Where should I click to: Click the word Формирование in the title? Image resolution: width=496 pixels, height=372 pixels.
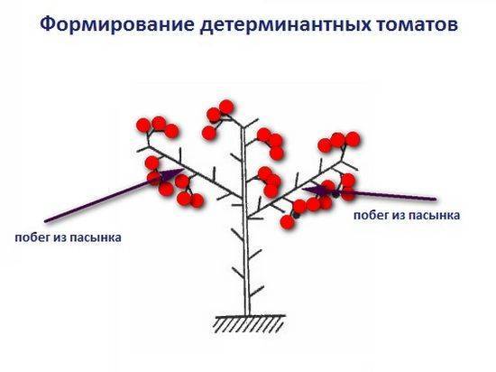coord(116,24)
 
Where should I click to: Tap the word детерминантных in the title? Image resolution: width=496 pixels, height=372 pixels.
coord(285,25)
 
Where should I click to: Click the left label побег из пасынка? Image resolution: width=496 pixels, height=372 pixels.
coord(68,237)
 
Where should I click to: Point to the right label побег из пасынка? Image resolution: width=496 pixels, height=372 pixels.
coord(407,215)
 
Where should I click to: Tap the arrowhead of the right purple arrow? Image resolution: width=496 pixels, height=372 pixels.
coord(314,191)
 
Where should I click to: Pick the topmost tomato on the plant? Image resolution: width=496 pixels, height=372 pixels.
coord(226,107)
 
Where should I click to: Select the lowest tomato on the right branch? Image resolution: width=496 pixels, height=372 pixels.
coord(287,222)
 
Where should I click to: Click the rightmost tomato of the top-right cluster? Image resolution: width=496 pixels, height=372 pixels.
coord(353,139)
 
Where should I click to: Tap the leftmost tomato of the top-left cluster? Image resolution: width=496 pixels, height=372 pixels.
coord(143,126)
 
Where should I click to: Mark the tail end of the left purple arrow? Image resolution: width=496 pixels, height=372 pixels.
coord(46,220)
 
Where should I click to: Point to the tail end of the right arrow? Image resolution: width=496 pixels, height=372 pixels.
coord(435,200)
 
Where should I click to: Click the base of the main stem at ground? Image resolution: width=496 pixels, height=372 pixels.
coord(248,315)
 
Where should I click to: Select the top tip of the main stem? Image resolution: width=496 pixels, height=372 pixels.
coord(243,126)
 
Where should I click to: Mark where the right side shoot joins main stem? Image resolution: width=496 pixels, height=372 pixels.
coord(248,218)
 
